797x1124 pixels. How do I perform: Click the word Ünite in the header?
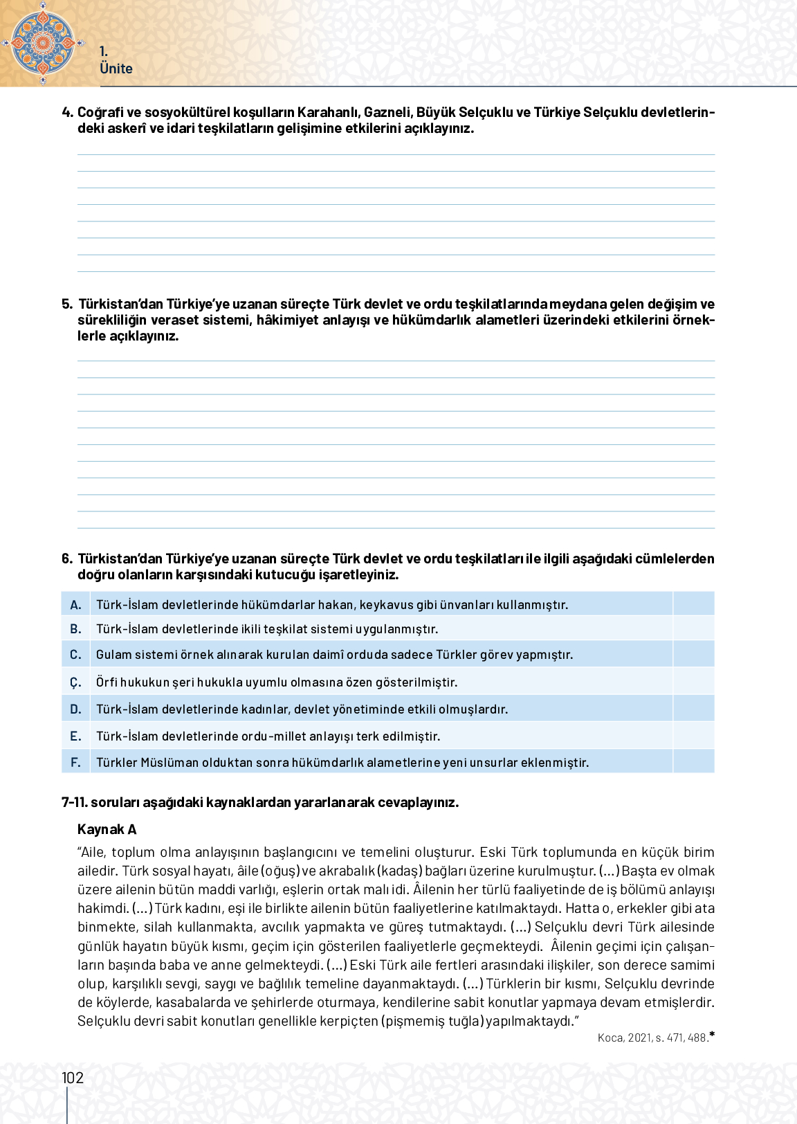pyautogui.click(x=116, y=69)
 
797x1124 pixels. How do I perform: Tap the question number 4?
pyautogui.click(x=67, y=112)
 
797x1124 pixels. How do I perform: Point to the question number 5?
pyautogui.click(x=66, y=304)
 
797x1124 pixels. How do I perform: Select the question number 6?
pyautogui.click(x=66, y=559)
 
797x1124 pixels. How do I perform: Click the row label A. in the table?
pyautogui.click(x=75, y=604)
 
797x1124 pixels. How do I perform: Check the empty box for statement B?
pyautogui.click(x=693, y=628)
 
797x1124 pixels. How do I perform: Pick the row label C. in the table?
pyautogui.click(x=75, y=654)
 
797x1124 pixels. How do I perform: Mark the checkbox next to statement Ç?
pyautogui.click(x=693, y=682)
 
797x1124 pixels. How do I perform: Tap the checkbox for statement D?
pyautogui.click(x=693, y=709)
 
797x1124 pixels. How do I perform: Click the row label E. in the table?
pyautogui.click(x=75, y=736)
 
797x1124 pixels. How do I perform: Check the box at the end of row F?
pyautogui.click(x=693, y=762)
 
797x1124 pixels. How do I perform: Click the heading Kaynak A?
pyautogui.click(x=107, y=829)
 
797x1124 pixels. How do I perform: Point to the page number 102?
pyautogui.click(x=73, y=1078)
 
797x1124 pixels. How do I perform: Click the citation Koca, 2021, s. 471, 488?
pyautogui.click(x=652, y=1037)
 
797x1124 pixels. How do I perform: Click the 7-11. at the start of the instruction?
pyautogui.click(x=74, y=802)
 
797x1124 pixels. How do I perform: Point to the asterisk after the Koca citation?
pyautogui.click(x=712, y=1035)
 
